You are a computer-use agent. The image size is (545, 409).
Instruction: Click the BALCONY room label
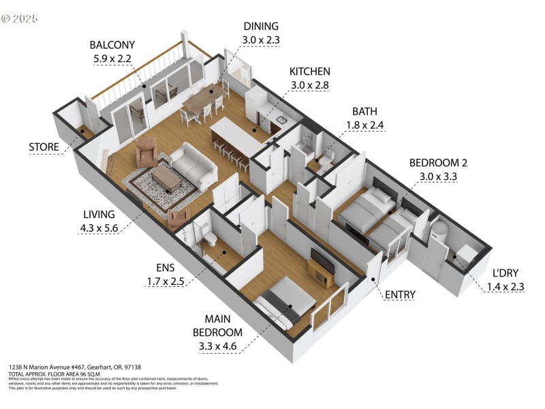110,45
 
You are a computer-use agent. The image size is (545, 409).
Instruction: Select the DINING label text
260,27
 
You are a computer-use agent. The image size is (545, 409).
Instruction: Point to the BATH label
365,111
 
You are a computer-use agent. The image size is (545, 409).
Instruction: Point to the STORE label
43,147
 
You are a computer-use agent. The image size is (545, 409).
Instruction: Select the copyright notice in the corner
20,18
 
